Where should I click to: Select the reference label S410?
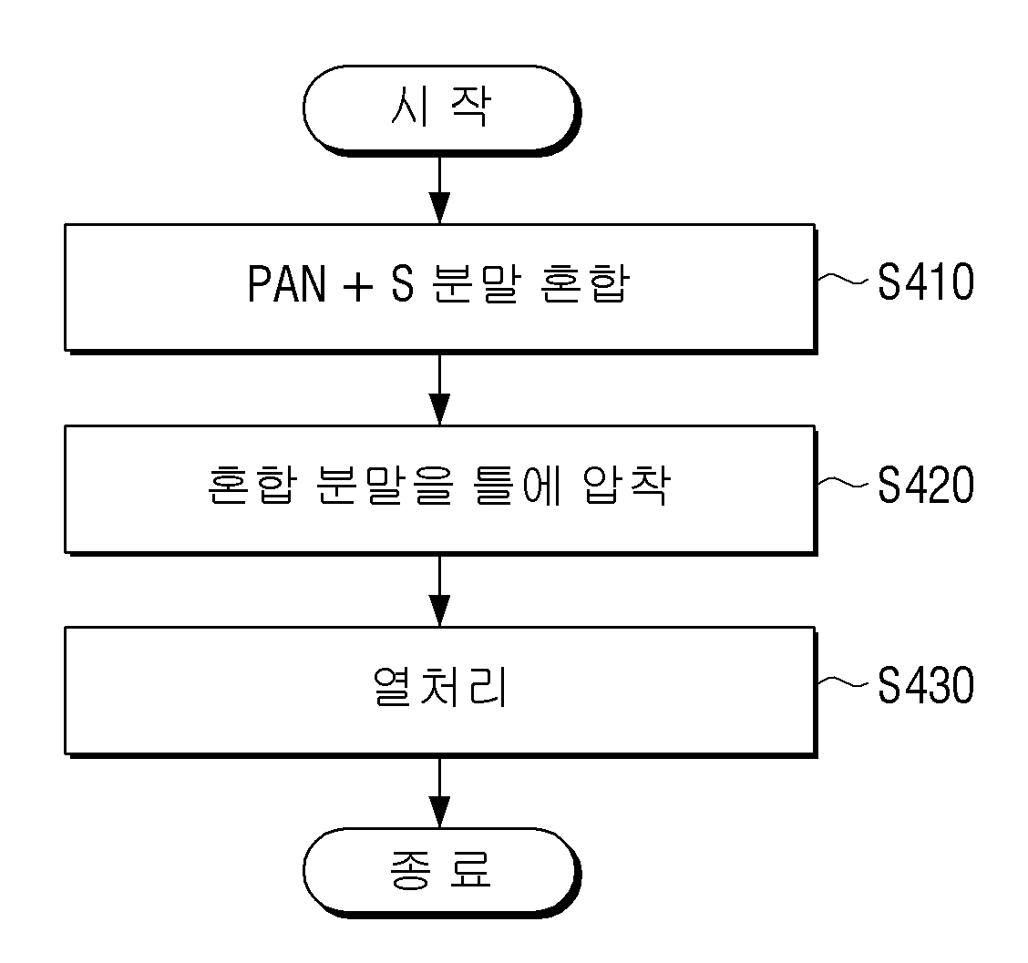point(926,282)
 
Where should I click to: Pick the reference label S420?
point(926,485)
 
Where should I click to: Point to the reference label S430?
point(926,686)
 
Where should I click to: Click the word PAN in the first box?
point(287,284)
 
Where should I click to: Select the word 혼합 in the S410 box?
point(585,284)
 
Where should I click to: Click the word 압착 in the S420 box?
point(627,486)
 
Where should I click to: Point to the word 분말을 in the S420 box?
point(385,486)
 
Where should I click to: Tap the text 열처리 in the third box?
point(440,687)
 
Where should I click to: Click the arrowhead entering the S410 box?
point(439,209)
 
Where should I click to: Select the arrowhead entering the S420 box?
point(439,410)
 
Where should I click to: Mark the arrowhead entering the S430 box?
point(439,611)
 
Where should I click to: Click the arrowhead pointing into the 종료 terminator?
point(439,813)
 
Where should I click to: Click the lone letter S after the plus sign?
point(403,284)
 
